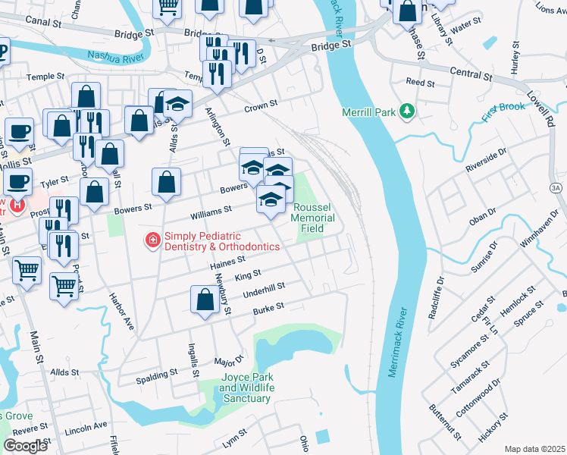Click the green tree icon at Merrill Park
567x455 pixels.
pyautogui.click(x=408, y=112)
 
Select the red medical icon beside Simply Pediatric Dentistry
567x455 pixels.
pyautogui.click(x=152, y=241)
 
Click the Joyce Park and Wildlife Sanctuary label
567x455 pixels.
pyautogui.click(x=246, y=388)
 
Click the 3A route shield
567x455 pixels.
pyautogui.click(x=557, y=186)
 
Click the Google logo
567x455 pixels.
pyautogui.click(x=25, y=446)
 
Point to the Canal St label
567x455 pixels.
pyautogui.click(x=42, y=24)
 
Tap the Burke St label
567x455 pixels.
pyautogui.click(x=268, y=306)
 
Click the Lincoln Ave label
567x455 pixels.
pyautogui.click(x=86, y=428)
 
